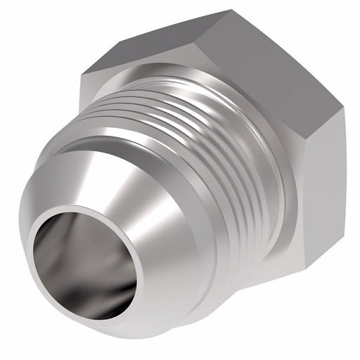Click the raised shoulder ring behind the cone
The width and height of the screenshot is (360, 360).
tap(204, 232)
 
